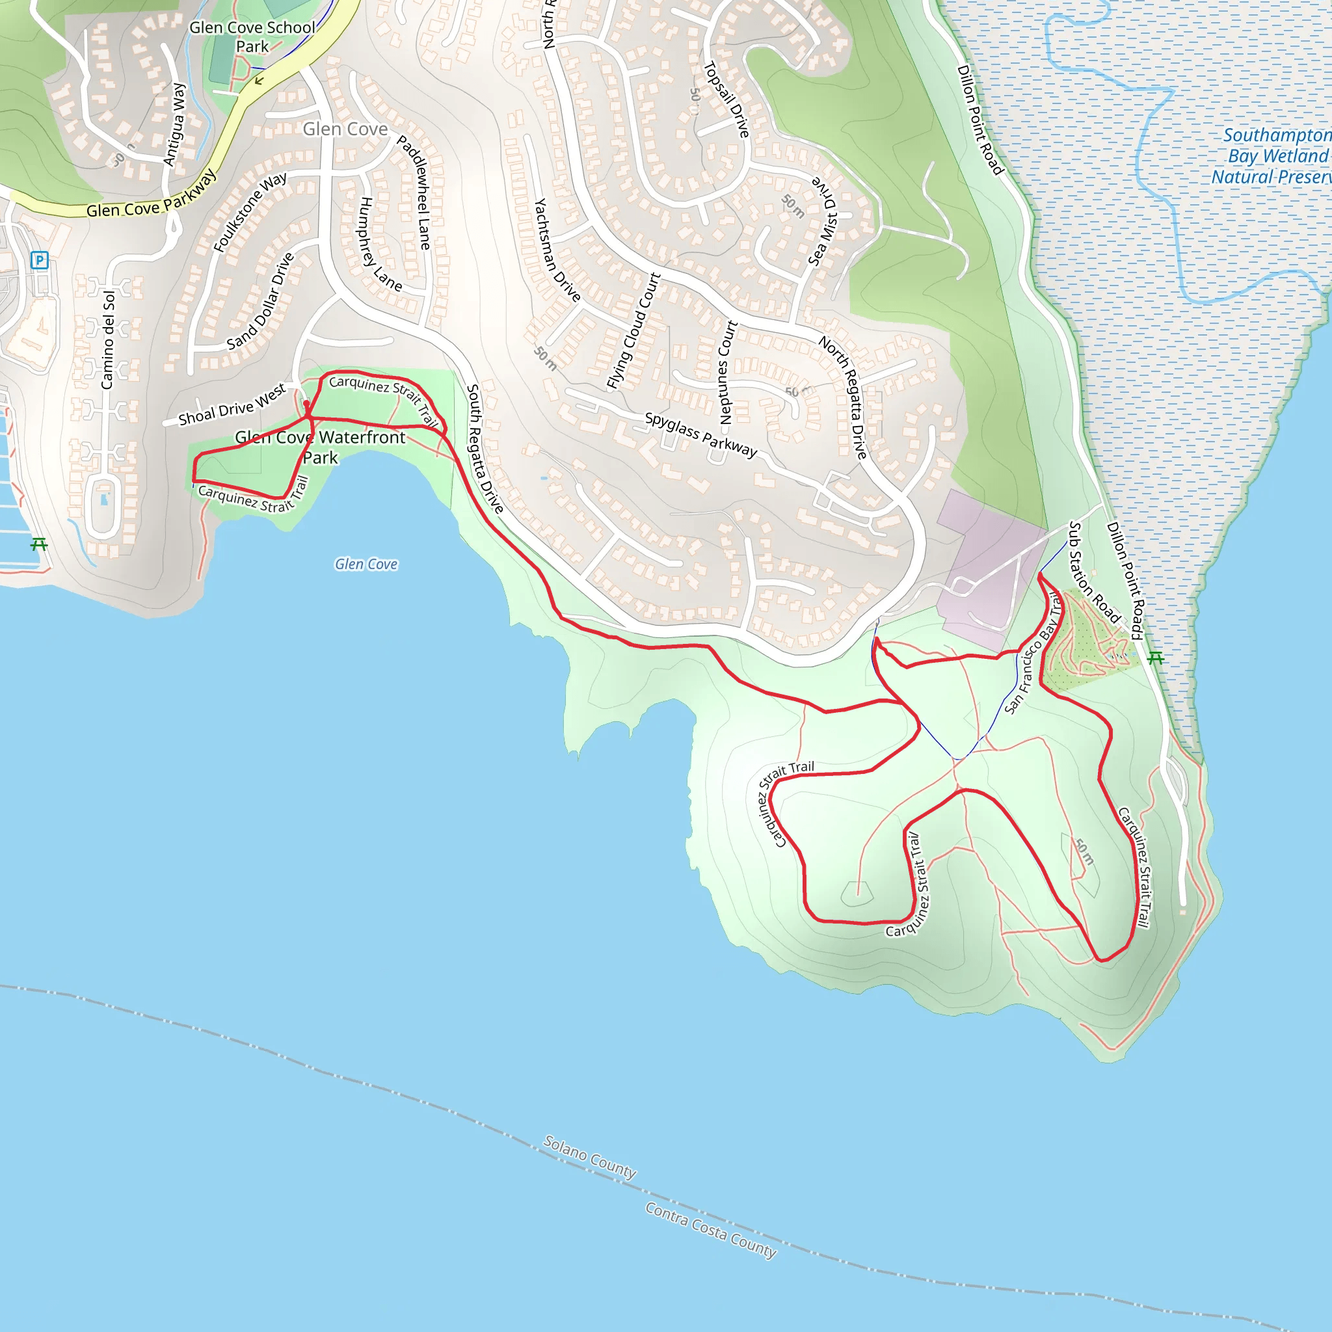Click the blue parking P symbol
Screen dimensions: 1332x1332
point(39,260)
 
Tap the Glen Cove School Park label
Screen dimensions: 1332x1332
point(252,37)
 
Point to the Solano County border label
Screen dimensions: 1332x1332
point(589,1157)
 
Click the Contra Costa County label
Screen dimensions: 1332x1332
point(711,1230)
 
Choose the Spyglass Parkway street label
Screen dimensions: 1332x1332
point(700,435)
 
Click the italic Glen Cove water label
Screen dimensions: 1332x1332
point(366,564)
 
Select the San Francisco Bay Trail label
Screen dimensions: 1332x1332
point(1033,652)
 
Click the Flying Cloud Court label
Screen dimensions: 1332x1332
point(633,331)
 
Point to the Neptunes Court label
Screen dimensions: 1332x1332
point(727,372)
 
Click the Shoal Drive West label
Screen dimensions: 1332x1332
point(232,405)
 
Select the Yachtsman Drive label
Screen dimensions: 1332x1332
point(557,250)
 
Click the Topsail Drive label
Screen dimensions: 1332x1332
point(726,100)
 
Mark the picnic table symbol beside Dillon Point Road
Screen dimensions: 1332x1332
point(1156,658)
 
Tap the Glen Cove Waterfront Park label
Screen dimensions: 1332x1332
point(321,447)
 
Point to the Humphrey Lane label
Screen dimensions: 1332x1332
point(380,243)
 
